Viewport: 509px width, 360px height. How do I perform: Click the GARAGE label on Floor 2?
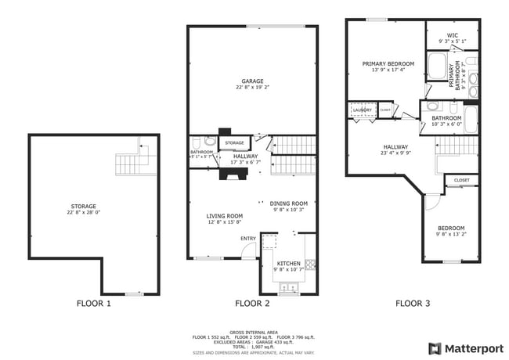tap(252, 81)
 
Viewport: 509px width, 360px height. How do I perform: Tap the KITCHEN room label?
tap(287, 264)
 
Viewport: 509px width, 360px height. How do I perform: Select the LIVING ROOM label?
tap(225, 216)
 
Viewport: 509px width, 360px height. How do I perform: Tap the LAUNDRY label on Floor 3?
tap(362, 110)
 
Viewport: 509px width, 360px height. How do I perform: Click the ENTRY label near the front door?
tap(248, 239)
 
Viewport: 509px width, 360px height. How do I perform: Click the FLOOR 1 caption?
tap(93, 303)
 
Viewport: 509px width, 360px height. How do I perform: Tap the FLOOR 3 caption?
tap(412, 303)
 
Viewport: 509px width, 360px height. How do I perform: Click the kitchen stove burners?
tap(310, 265)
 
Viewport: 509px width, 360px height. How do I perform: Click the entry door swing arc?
tap(247, 250)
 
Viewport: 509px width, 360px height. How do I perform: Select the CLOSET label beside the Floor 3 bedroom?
tap(462, 180)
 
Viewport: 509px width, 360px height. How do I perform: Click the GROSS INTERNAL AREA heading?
tap(254, 332)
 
